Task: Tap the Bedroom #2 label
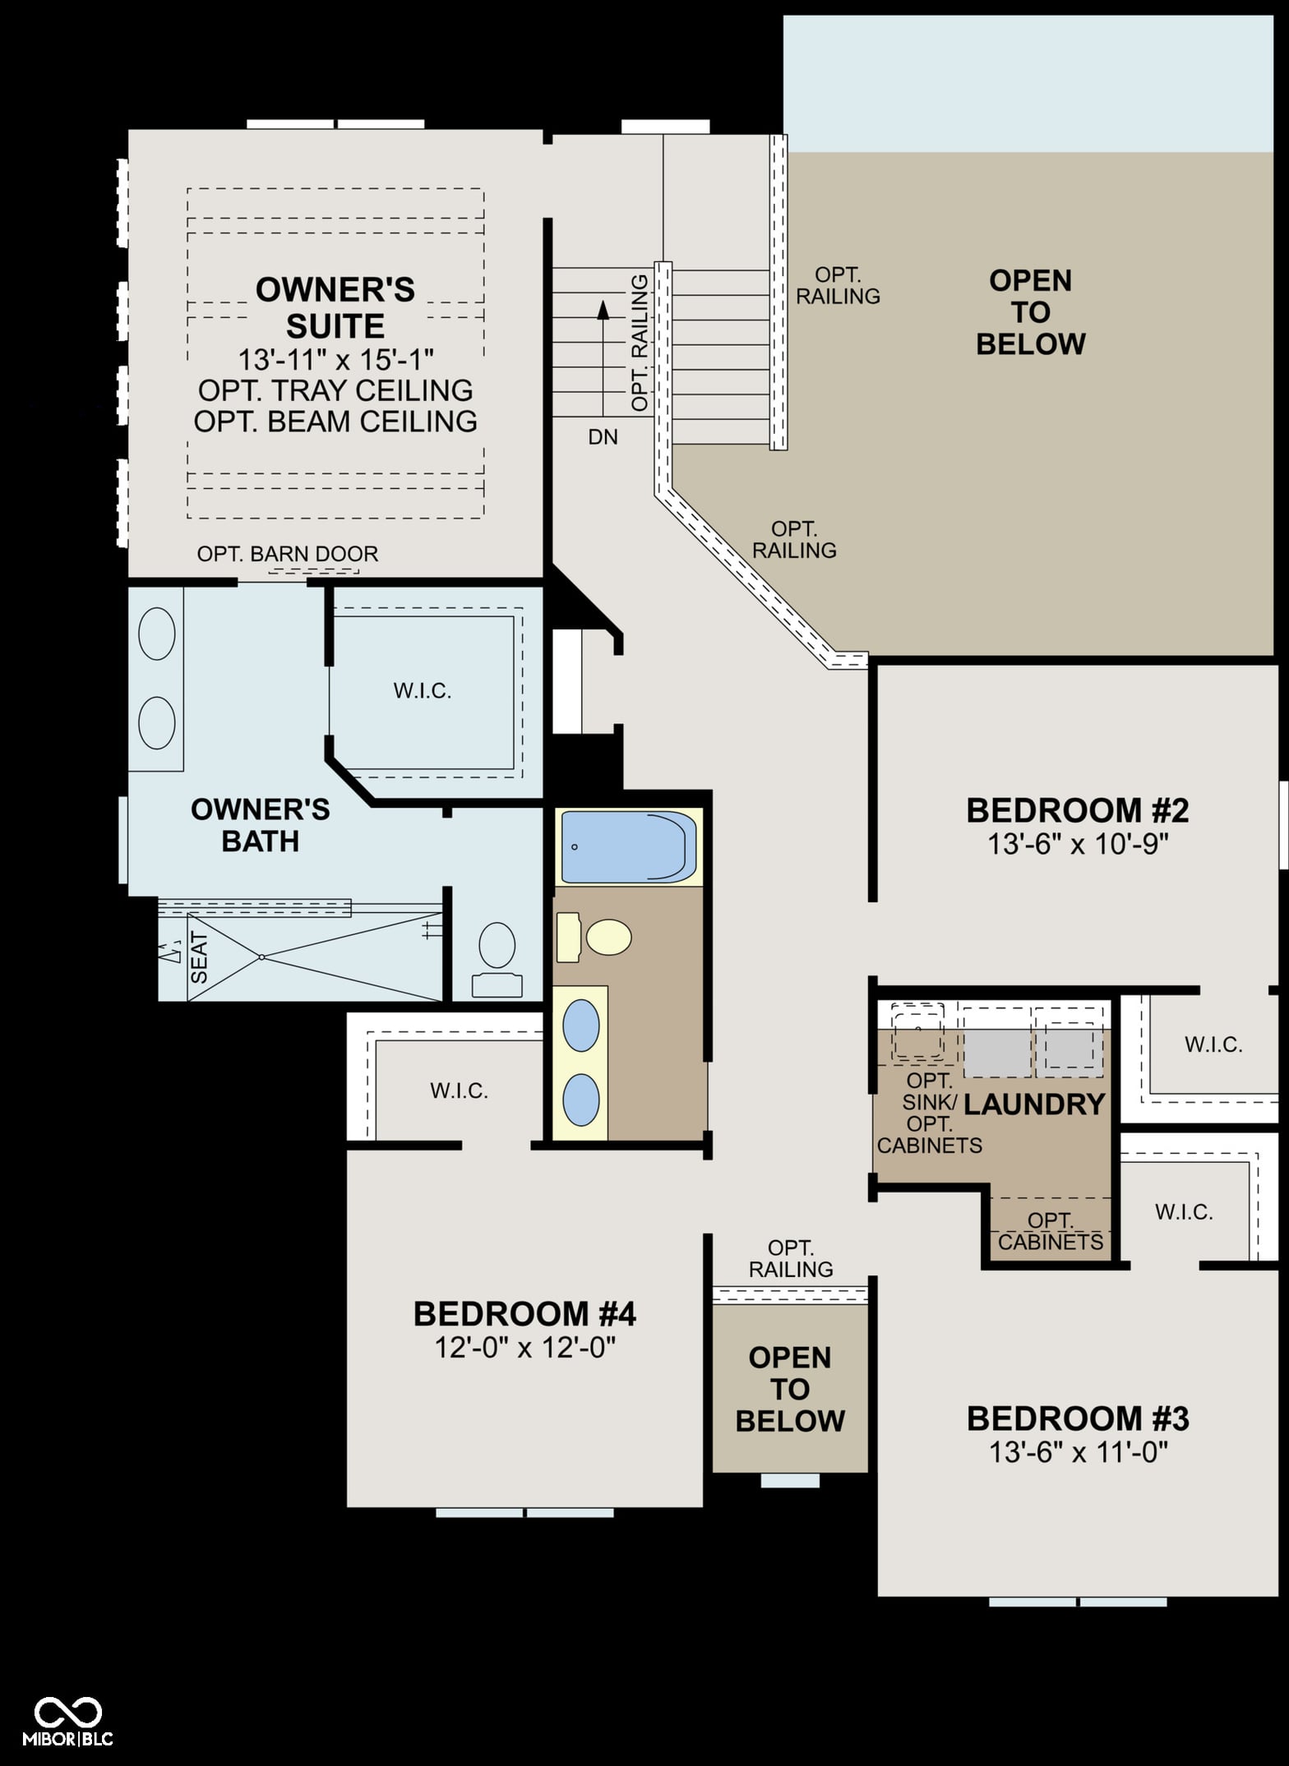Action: (x=1077, y=810)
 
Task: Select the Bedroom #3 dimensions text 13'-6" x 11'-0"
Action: (x=1078, y=1452)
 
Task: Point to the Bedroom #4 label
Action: (x=524, y=1314)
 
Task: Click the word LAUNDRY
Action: (x=1033, y=1104)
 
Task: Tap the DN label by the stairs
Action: (x=603, y=437)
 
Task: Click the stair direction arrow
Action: (x=603, y=358)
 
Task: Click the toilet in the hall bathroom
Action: (x=594, y=937)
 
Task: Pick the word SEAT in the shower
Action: (x=199, y=957)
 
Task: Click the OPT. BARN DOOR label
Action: (x=288, y=554)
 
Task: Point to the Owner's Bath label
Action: (x=260, y=825)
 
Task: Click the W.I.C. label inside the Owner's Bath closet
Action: (x=423, y=691)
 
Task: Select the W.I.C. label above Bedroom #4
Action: (x=459, y=1090)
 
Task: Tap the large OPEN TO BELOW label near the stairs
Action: (x=1030, y=312)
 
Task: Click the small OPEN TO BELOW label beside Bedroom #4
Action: (x=789, y=1389)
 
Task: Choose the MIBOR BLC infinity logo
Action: (x=67, y=1712)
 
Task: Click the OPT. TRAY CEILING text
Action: (x=335, y=390)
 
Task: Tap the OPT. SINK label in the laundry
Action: (x=930, y=1091)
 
